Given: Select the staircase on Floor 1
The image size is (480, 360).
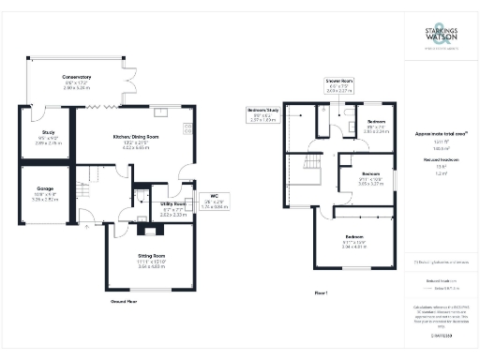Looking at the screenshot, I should coord(310,174).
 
